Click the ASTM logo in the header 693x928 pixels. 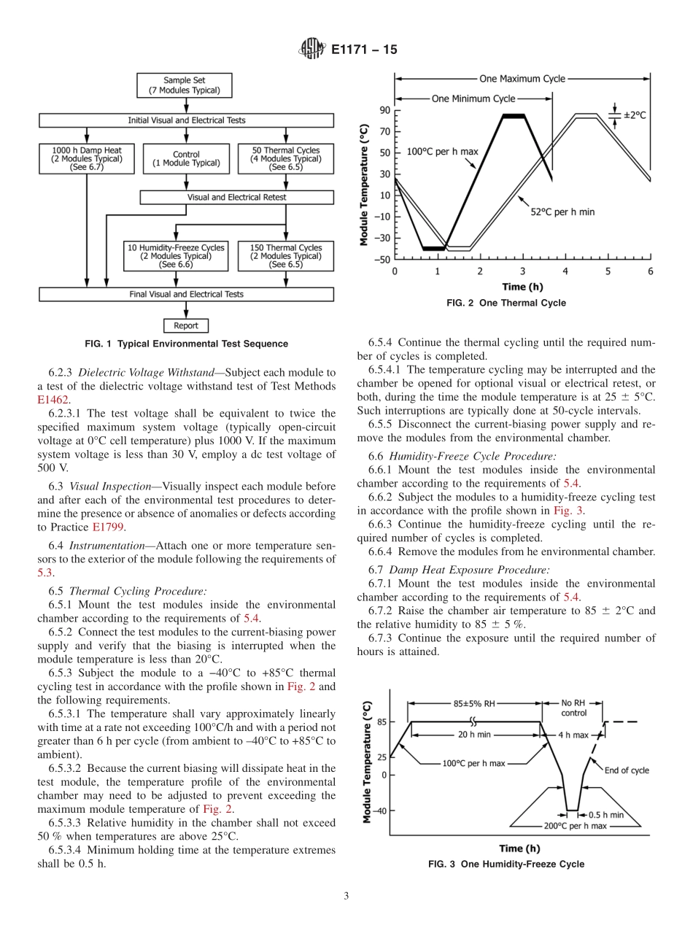coord(311,50)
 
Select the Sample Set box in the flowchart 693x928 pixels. coord(185,85)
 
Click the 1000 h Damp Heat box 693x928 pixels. coord(87,158)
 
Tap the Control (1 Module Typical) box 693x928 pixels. coord(186,158)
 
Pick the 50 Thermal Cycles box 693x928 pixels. coord(286,158)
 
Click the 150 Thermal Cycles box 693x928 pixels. coord(286,256)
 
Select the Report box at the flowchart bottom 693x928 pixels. coord(186,325)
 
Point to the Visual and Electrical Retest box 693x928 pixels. coord(237,197)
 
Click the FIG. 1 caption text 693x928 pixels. coord(186,344)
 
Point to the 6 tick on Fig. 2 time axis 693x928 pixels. coord(650,271)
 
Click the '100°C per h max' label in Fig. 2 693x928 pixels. coord(443,152)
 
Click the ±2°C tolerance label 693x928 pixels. coord(635,115)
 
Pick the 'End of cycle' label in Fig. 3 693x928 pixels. coord(627,770)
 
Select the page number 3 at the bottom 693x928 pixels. coord(346,896)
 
